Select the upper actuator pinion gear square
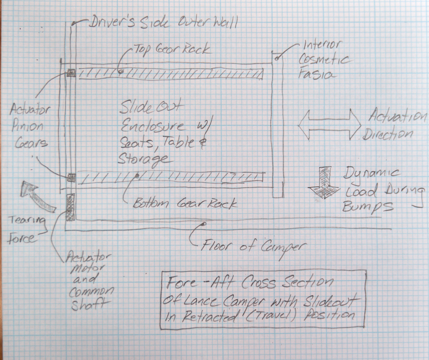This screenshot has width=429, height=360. click(x=71, y=74)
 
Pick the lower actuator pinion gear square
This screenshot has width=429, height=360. click(x=72, y=177)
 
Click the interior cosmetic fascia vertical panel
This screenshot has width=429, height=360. click(x=278, y=125)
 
